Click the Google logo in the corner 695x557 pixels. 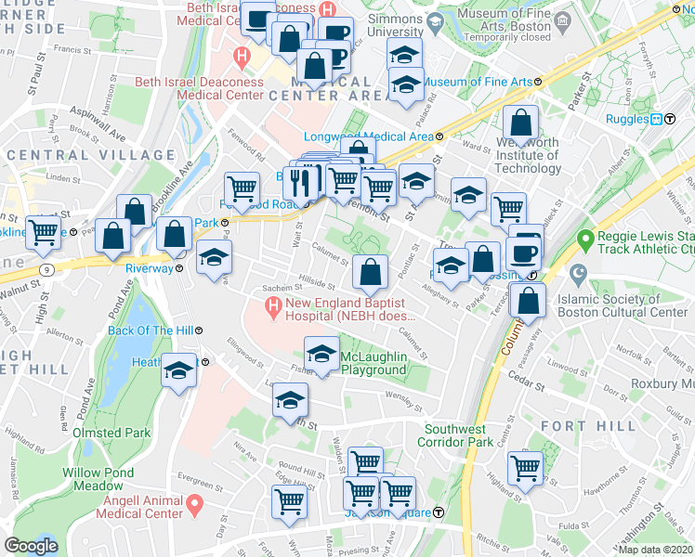tap(31, 545)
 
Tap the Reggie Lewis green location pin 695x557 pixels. tap(584, 240)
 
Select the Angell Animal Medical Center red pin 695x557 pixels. tap(195, 506)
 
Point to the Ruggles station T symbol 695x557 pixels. tap(656, 118)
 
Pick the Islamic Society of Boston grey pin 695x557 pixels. tap(578, 276)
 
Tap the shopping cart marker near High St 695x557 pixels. tap(44, 233)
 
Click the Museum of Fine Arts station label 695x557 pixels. tap(478, 82)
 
